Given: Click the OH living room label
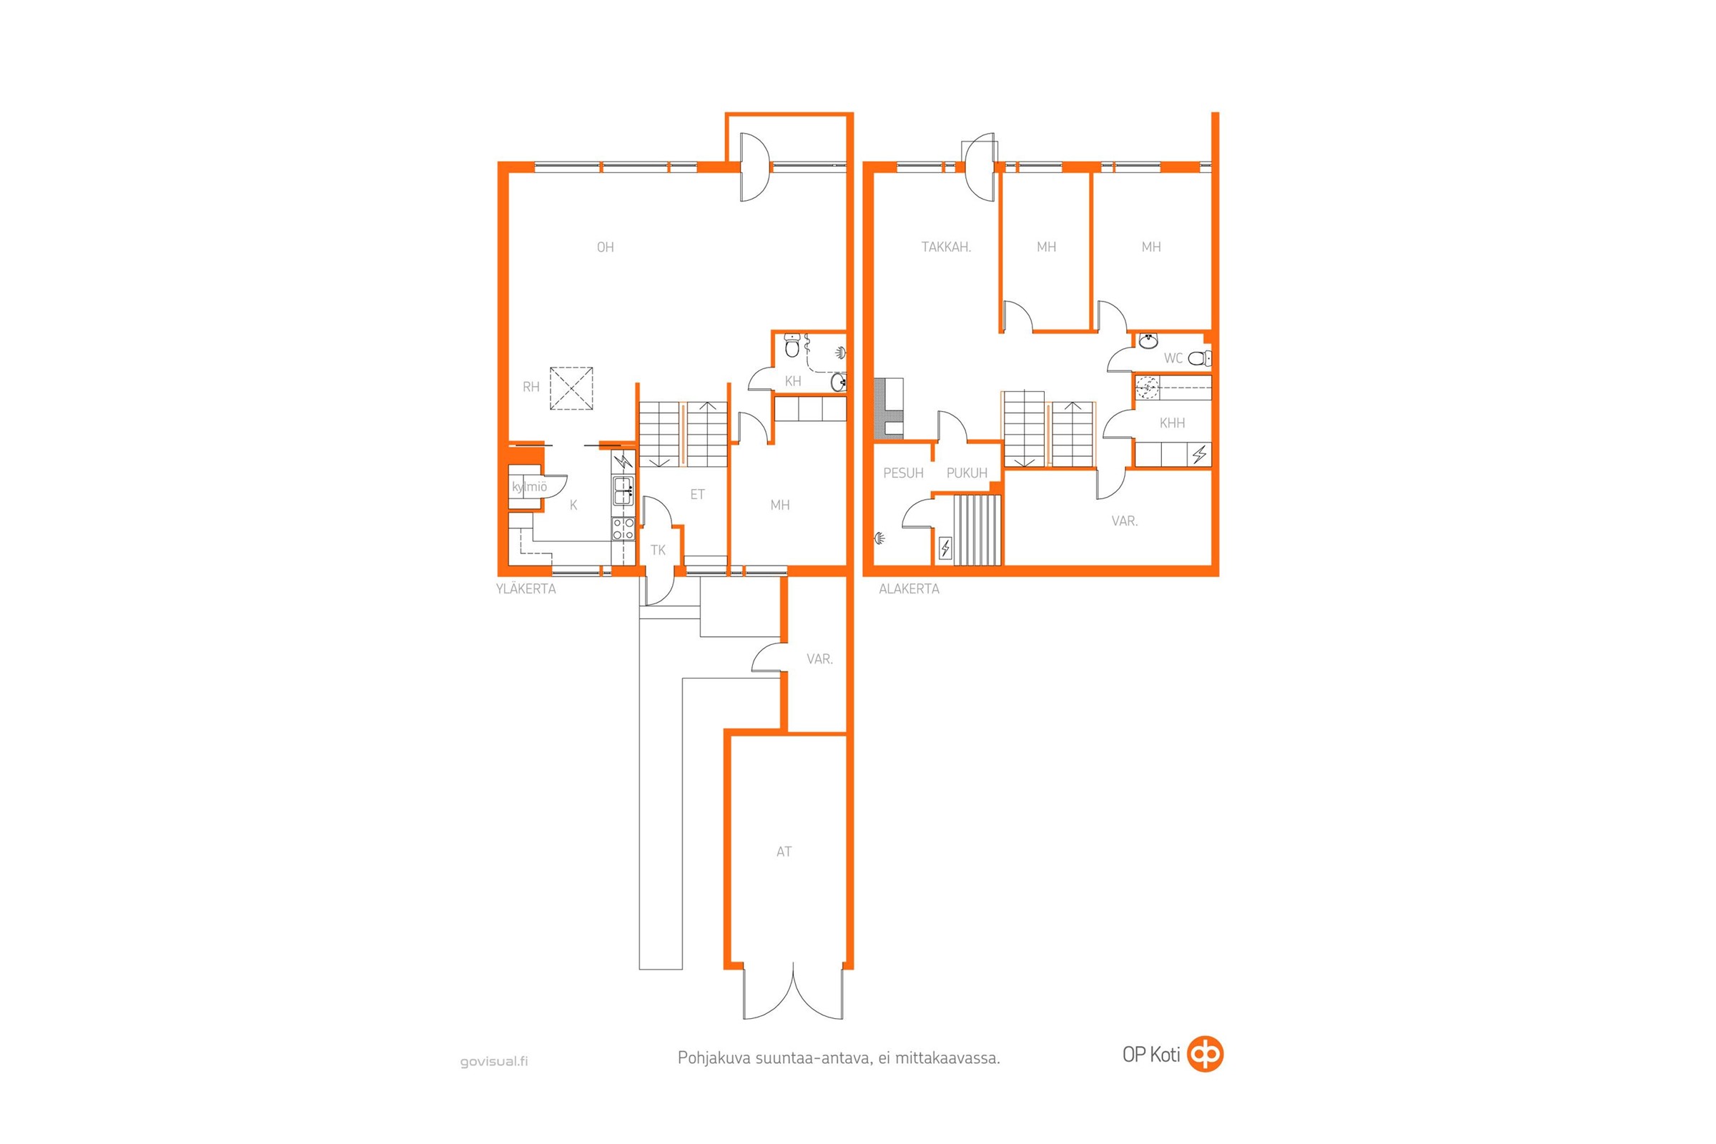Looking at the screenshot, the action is [605, 247].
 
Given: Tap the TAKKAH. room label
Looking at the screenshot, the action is [945, 247].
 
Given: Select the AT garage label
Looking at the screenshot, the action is [784, 852].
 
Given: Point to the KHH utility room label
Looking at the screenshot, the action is [1172, 423].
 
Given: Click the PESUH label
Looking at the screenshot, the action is [903, 473].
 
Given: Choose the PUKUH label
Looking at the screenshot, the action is [967, 473].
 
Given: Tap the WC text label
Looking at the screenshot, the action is [1173, 358].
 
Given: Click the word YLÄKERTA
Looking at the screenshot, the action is [526, 588].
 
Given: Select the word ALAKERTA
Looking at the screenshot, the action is [908, 588].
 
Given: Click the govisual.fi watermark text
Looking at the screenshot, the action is [493, 1062].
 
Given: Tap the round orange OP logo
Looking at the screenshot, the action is [1205, 1054].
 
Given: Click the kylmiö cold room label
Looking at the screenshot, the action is [529, 487].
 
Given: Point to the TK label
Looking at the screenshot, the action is [658, 551].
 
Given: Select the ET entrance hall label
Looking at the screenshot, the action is [698, 495].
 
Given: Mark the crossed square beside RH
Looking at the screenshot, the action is [571, 388].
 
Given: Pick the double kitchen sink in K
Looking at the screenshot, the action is [623, 491].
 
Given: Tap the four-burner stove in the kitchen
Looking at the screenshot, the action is [623, 528].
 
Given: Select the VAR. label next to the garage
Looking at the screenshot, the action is [819, 659].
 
